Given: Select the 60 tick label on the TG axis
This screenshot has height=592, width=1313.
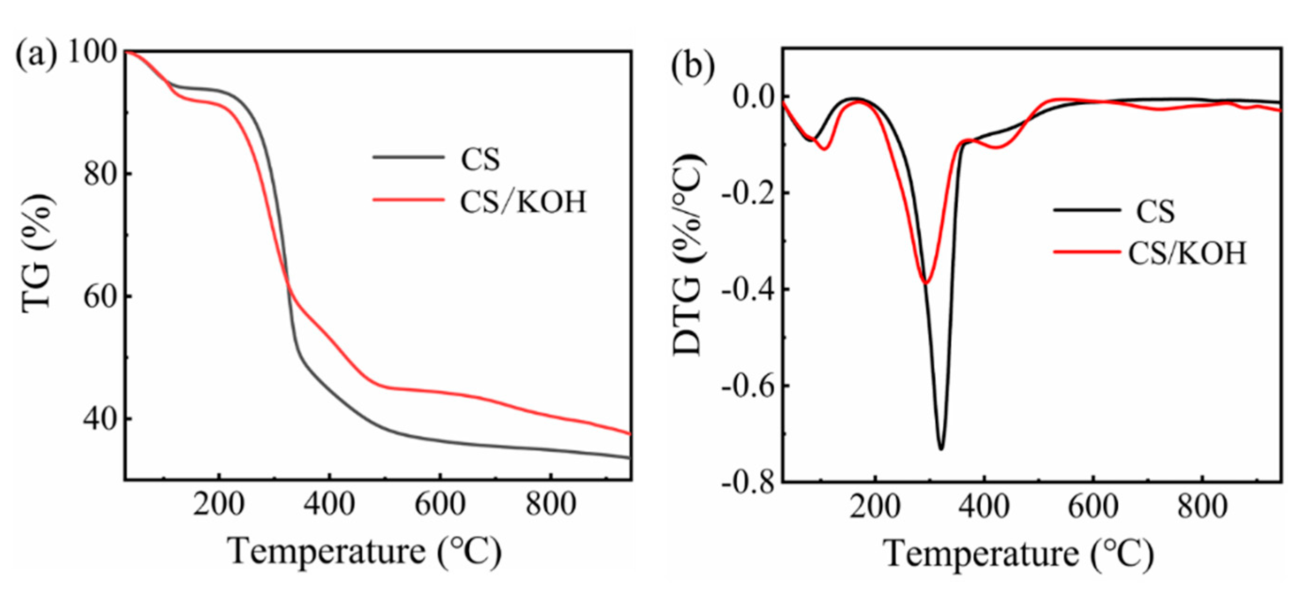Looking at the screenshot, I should pyautogui.click(x=100, y=297).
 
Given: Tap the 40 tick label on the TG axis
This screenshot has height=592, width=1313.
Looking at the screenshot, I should pyautogui.click(x=100, y=420).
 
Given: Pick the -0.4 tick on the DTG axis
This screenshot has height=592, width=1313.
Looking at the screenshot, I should pyautogui.click(x=747, y=289).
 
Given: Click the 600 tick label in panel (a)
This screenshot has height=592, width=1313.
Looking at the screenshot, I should pyautogui.click(x=440, y=504).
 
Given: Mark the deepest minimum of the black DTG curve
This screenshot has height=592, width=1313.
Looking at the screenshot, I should pyautogui.click(x=941, y=449).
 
